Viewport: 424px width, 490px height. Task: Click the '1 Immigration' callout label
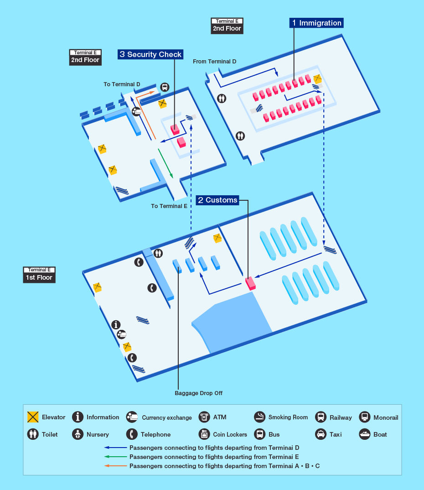pos(316,23)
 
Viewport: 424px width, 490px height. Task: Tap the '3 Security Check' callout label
pos(150,54)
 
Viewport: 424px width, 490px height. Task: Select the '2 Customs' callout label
pos(217,200)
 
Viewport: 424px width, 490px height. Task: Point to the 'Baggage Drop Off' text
pos(198,393)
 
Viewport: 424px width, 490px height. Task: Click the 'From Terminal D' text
pos(214,62)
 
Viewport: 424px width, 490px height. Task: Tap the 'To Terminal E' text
pos(169,206)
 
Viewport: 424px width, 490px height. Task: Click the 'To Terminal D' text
pos(122,84)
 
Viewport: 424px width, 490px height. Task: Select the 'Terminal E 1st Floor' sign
pos(39,275)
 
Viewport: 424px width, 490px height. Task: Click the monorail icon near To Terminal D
pos(165,87)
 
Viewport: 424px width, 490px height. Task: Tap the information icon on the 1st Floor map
pos(116,324)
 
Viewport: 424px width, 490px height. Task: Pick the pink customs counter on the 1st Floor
pos(251,283)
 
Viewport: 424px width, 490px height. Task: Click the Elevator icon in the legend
pos(32,417)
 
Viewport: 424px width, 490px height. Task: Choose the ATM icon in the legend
pos(204,417)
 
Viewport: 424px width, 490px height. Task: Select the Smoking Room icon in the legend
pos(259,417)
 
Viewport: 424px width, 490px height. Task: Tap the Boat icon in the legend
pos(365,434)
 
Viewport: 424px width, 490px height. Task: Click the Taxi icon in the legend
pos(321,434)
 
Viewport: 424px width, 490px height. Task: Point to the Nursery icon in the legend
pos(78,434)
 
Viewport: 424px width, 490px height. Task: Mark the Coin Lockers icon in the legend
pos(204,434)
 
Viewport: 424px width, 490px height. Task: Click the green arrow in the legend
pos(116,457)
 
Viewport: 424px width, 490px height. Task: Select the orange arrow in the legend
pos(116,466)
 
